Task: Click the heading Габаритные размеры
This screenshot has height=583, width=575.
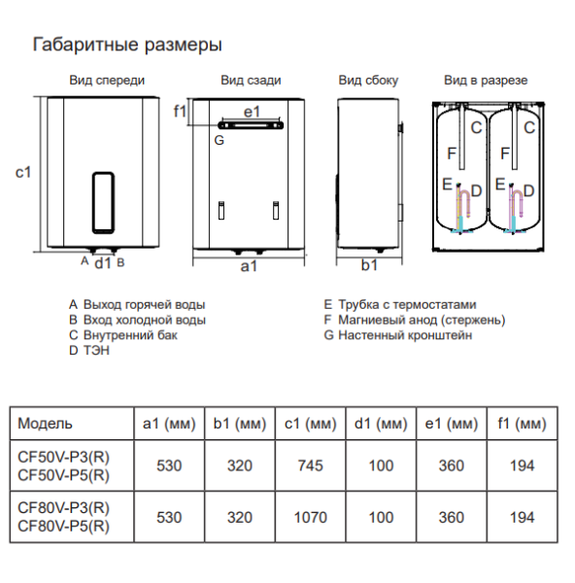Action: [x=127, y=45]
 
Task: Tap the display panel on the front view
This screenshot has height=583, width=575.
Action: [x=103, y=203]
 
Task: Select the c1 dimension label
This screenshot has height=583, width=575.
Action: [x=23, y=172]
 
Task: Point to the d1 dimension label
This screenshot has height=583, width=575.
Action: [x=103, y=263]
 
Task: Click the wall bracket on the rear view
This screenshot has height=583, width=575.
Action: [x=251, y=125]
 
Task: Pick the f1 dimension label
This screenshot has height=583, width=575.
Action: [x=181, y=111]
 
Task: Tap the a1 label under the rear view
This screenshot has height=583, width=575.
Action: [x=249, y=266]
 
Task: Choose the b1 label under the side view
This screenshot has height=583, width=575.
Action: [x=369, y=265]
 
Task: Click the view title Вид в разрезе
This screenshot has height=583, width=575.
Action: [x=486, y=81]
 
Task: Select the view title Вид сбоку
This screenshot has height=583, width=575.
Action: [x=368, y=81]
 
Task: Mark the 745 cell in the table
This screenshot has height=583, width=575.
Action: [x=311, y=465]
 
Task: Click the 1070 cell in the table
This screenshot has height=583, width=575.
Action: [x=311, y=517]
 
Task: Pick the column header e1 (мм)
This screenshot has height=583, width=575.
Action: [x=452, y=424]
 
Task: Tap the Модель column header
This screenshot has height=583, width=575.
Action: [x=45, y=424]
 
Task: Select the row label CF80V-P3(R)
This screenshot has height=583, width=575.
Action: [x=63, y=508]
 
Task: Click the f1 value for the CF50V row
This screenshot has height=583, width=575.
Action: [x=523, y=465]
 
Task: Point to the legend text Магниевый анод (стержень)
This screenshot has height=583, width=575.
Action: [x=422, y=320]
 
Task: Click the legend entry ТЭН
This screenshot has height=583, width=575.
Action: [x=96, y=350]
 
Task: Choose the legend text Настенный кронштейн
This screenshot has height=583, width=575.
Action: [x=405, y=335]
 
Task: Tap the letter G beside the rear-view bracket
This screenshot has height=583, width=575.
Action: [x=220, y=140]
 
